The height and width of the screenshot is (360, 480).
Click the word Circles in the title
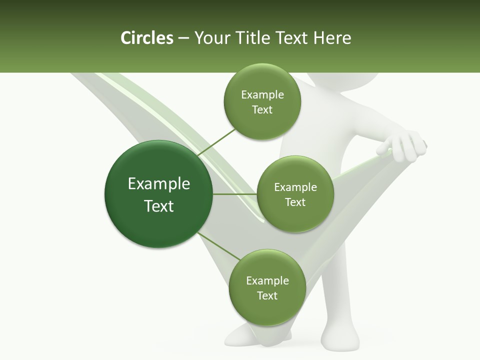click(146, 38)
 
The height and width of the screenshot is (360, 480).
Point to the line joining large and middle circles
click(235, 193)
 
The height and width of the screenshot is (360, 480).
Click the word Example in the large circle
click(159, 184)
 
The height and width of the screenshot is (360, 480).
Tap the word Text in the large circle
click(159, 206)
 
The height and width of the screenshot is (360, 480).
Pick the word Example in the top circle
click(262, 95)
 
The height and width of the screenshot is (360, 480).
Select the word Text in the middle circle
click(295, 202)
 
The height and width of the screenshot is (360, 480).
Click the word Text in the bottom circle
click(267, 295)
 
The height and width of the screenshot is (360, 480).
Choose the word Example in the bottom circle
click(267, 280)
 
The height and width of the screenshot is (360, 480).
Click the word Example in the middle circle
click(295, 187)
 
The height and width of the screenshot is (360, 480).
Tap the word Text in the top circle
click(262, 109)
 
